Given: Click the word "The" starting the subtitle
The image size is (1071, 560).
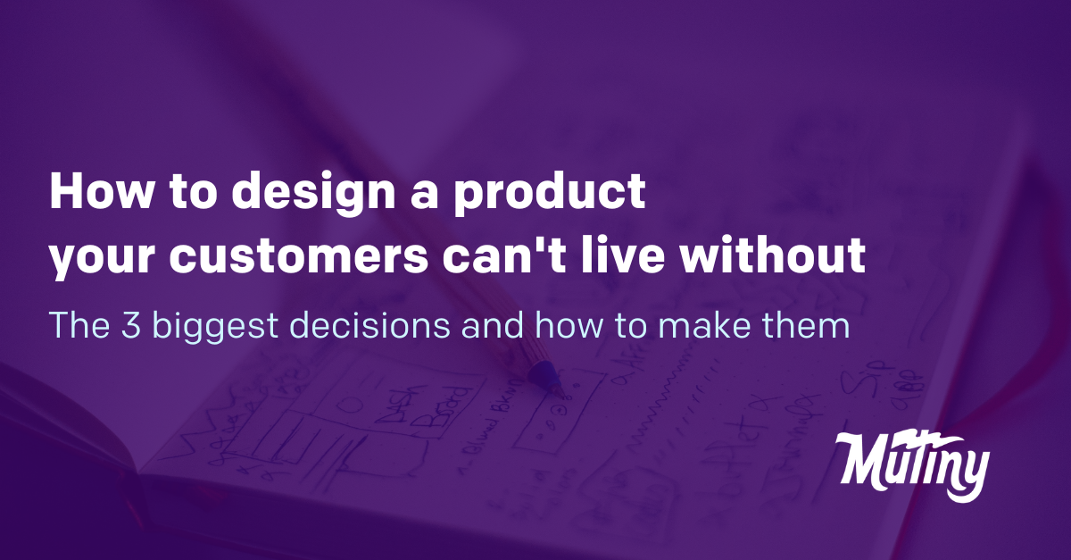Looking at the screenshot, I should pos(79,326).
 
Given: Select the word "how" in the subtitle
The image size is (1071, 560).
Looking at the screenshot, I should pos(567,326).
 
